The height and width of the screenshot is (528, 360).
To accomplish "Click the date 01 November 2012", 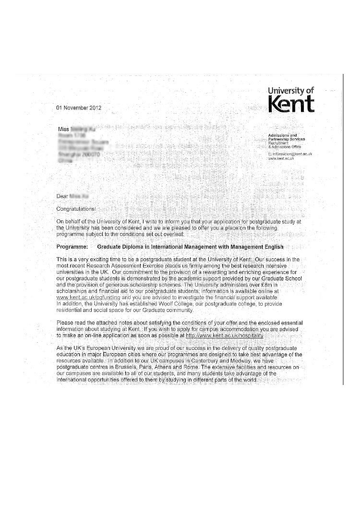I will pyautogui.click(x=79, y=108).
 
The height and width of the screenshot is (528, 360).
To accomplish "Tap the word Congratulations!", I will pyautogui.click(x=76, y=209).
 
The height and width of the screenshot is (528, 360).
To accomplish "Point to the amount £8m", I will pyautogui.click(x=266, y=285).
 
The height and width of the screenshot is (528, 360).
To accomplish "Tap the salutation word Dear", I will pyautogui.click(x=62, y=196).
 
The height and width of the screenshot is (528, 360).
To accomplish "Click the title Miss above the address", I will pyautogui.click(x=63, y=130).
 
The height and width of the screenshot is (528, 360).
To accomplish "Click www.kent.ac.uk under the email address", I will pyautogui.click(x=281, y=158).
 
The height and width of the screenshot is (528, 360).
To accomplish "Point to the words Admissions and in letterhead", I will pyautogui.click(x=282, y=135).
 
